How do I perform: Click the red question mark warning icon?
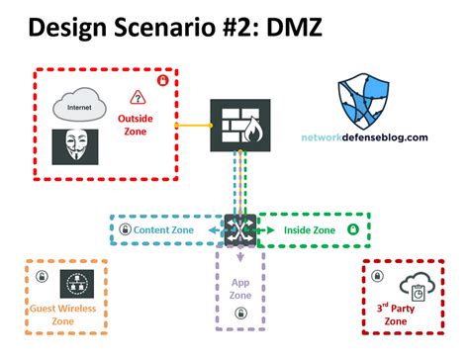coord(138,97)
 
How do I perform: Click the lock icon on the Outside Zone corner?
coord(163,80)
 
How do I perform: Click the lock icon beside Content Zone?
coord(125,230)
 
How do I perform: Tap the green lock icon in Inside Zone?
coord(352,230)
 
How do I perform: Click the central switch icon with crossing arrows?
coord(240,229)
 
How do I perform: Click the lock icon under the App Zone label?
coord(240,315)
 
